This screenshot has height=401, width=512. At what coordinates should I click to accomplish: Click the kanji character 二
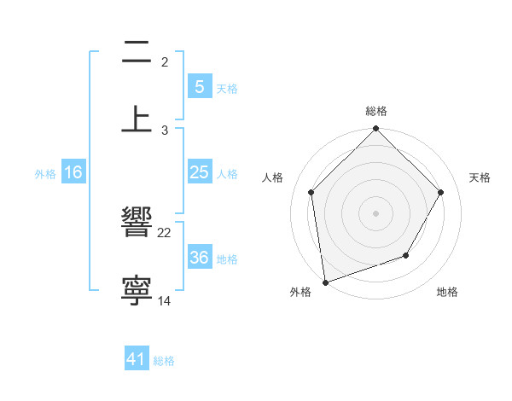pyautogui.click(x=137, y=53)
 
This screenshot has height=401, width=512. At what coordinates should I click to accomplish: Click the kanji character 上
pyautogui.click(x=137, y=119)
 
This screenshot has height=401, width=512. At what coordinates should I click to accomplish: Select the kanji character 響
pyautogui.click(x=137, y=224)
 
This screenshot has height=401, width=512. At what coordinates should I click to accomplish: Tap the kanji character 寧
pyautogui.click(x=137, y=290)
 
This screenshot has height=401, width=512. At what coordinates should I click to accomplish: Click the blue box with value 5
pyautogui.click(x=199, y=86)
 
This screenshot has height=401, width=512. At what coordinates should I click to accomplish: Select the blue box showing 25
pyautogui.click(x=199, y=172)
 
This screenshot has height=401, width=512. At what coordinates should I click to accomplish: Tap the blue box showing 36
pyautogui.click(x=199, y=258)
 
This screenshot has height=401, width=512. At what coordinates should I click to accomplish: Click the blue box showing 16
pyautogui.click(x=73, y=172)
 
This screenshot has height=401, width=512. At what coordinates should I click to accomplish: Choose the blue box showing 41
pyautogui.click(x=137, y=359)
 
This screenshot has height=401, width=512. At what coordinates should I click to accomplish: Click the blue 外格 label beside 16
pyautogui.click(x=45, y=173)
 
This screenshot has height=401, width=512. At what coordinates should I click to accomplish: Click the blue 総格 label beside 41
pyautogui.click(x=164, y=361)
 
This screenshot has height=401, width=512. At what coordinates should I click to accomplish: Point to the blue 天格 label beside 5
pyautogui.click(x=227, y=88)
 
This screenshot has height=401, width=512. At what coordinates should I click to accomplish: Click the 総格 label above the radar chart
pyautogui.click(x=375, y=111)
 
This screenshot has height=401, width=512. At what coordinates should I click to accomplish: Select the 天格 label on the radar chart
pyautogui.click(x=480, y=177)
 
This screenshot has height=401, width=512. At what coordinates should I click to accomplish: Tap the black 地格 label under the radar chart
pyautogui.click(x=447, y=292)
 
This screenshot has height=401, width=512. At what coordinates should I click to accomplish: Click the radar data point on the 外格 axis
pyautogui.click(x=324, y=282)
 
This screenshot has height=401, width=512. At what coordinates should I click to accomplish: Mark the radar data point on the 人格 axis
pyautogui.click(x=311, y=192)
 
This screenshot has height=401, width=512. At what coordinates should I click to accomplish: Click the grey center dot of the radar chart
pyautogui.click(x=375, y=212)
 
